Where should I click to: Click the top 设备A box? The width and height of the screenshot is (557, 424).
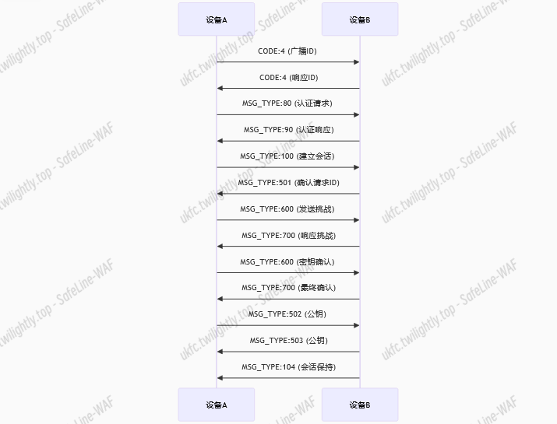click(x=216, y=19)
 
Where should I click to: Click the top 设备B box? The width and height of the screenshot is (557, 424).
click(x=359, y=19)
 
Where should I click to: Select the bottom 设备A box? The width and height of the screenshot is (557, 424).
click(x=216, y=405)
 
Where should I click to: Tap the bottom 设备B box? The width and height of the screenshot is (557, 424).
click(x=359, y=405)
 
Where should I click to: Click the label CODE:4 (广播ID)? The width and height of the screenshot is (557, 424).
click(x=287, y=51)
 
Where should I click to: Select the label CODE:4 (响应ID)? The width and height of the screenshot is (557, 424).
click(x=287, y=78)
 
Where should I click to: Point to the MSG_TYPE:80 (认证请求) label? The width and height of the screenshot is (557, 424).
click(x=287, y=103)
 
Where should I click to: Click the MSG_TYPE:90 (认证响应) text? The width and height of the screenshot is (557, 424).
click(x=287, y=130)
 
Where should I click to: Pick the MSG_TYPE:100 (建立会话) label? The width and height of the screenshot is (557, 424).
click(x=287, y=156)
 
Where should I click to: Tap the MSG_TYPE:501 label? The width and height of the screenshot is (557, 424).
click(x=287, y=183)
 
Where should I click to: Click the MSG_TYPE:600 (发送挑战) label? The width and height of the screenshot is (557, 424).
click(x=287, y=209)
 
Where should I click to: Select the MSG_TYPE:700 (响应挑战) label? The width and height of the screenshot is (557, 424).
click(x=287, y=235)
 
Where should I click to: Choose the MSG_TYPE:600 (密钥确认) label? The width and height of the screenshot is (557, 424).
click(x=287, y=261)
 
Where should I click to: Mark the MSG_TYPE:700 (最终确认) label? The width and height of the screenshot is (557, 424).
click(x=287, y=288)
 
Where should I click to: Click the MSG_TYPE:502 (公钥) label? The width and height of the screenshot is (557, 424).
click(x=287, y=314)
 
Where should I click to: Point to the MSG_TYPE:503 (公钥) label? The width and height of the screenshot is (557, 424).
click(x=287, y=341)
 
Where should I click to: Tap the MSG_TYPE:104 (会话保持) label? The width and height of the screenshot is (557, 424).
click(x=287, y=367)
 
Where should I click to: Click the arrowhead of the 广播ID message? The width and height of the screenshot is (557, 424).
click(x=356, y=62)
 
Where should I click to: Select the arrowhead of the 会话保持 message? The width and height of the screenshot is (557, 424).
click(x=220, y=378)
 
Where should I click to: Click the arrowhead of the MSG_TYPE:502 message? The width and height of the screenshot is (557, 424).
click(x=356, y=325)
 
